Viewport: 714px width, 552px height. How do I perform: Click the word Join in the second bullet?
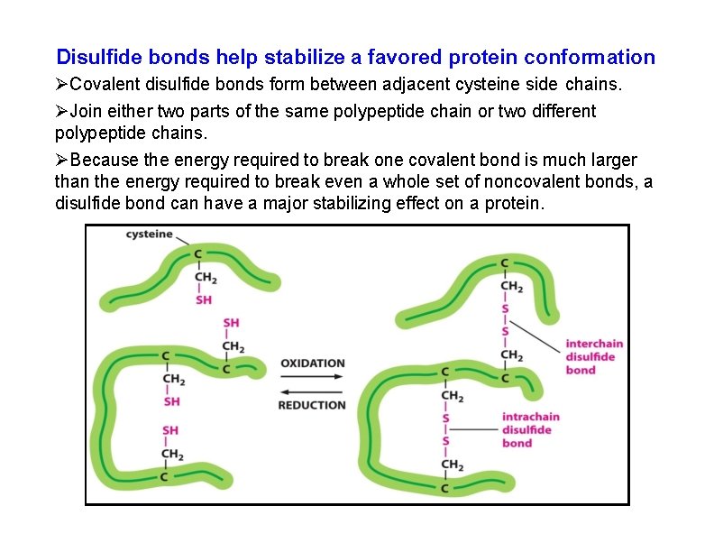87,111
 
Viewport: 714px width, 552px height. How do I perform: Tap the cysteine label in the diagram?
149,235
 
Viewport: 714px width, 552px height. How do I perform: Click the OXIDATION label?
312,363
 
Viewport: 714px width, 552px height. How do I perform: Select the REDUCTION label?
312,405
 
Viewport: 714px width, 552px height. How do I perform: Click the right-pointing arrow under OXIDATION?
312,377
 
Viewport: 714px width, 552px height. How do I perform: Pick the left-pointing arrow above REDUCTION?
312,391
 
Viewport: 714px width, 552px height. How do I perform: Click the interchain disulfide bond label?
593,356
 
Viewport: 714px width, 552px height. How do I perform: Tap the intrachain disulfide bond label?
530,429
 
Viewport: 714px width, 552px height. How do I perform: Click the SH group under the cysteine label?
205,299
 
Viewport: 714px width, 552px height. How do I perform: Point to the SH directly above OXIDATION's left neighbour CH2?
232,323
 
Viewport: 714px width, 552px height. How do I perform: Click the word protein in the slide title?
494,58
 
